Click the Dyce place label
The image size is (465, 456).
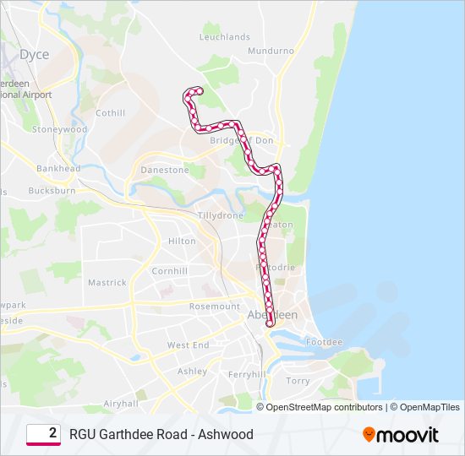pyautogui.click(x=35, y=55)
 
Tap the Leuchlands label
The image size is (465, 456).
pyautogui.click(x=225, y=37)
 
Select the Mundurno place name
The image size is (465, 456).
pyautogui.click(x=271, y=52)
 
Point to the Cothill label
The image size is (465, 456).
pyautogui.click(x=111, y=113)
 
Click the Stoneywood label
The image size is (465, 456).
pyautogui.click(x=59, y=130)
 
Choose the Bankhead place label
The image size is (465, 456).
pyautogui.click(x=58, y=169)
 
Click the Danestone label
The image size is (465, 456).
pyautogui.click(x=165, y=170)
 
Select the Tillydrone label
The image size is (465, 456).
pyautogui.click(x=220, y=215)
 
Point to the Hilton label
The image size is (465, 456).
pyautogui.click(x=182, y=242)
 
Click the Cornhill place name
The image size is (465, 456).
pyautogui.click(x=169, y=271)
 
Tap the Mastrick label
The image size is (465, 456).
pyautogui.click(x=107, y=283)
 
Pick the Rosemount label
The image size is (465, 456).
pyautogui.click(x=215, y=307)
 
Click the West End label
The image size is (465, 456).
pyautogui.click(x=188, y=345)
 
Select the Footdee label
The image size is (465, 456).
pyautogui.click(x=325, y=342)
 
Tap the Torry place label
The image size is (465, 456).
pyautogui.click(x=298, y=381)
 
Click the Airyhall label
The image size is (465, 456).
pyautogui.click(x=120, y=404)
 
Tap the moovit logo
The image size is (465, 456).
pyautogui.click(x=401, y=435)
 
